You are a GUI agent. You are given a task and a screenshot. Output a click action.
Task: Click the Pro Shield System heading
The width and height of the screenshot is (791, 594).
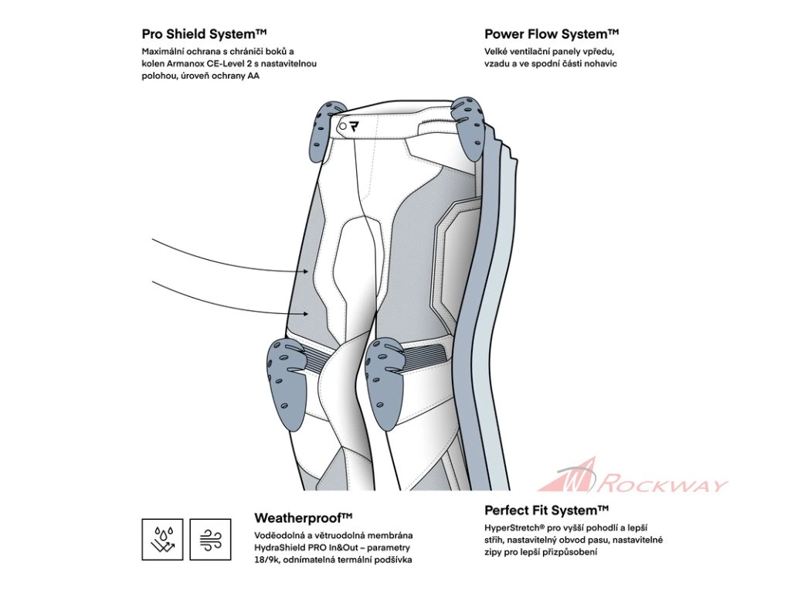pos(204,34)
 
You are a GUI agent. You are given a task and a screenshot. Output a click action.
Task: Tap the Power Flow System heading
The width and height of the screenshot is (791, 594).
pos(552,34)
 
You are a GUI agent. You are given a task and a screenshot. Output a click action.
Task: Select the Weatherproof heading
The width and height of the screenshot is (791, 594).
pos(303,517)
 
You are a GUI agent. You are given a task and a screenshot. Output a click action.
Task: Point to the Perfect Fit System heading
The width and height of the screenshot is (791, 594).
pos(546,510)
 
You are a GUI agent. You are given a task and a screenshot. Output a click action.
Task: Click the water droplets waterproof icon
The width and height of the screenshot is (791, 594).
pos(162,538)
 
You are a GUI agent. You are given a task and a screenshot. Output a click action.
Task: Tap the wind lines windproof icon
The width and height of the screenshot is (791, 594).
pos(210,538)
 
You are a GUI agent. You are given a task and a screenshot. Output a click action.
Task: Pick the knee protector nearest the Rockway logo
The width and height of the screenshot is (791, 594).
pos(389,381)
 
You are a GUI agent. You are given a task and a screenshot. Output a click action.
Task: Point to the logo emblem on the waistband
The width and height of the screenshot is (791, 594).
pos(355,126)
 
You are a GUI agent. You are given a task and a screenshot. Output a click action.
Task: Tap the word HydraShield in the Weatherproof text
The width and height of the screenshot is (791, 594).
pos(283,548)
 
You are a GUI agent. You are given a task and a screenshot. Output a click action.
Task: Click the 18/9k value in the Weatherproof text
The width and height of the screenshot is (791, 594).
pos(269,560)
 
